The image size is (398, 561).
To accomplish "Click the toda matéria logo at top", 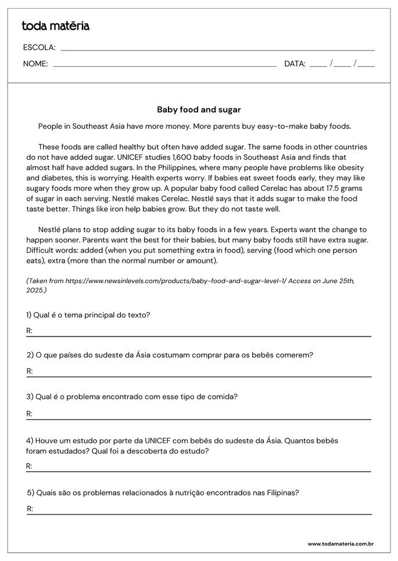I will click(55, 26).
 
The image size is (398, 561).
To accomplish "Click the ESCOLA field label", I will click(39, 48).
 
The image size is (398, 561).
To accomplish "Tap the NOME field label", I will click(35, 64).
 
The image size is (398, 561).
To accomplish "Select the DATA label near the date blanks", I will click(295, 64).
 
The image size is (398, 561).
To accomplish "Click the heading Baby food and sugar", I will click(199, 109).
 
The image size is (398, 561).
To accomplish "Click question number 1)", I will click(30, 315).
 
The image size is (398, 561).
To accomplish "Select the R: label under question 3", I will click(30, 414).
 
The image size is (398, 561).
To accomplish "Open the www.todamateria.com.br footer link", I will click(340, 544).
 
